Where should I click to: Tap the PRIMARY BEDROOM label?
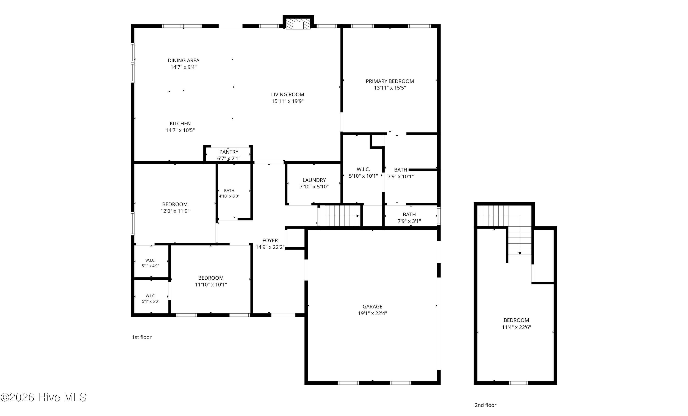(x=390, y=81)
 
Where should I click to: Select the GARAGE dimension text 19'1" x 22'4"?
(x=372, y=313)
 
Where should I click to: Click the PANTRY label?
(x=229, y=152)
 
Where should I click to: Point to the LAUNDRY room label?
(x=314, y=180)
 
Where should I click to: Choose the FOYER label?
(x=270, y=240)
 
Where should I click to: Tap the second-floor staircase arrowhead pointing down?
(x=520, y=253)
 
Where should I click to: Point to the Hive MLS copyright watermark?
(x=44, y=397)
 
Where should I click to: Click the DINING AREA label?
(x=183, y=60)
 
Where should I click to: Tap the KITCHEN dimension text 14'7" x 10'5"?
(x=180, y=130)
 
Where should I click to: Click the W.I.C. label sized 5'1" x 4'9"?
(x=150, y=260)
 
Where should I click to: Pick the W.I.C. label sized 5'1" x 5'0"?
(x=150, y=296)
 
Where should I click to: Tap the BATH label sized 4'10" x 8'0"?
(x=229, y=190)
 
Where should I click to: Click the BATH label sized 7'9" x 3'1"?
(x=409, y=215)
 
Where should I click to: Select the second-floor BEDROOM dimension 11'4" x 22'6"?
(x=516, y=327)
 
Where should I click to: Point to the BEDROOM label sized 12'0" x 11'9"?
(x=175, y=204)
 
